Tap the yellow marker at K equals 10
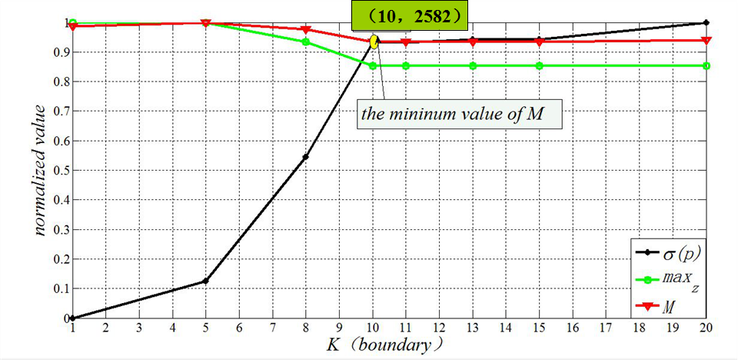[x=374, y=42]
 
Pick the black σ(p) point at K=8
[x=306, y=157]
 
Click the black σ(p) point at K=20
[x=706, y=23]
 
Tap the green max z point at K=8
[x=306, y=42]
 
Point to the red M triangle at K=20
[x=706, y=40]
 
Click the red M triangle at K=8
[x=306, y=29]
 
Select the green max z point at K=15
[x=540, y=65]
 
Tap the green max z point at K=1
[x=73, y=23]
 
